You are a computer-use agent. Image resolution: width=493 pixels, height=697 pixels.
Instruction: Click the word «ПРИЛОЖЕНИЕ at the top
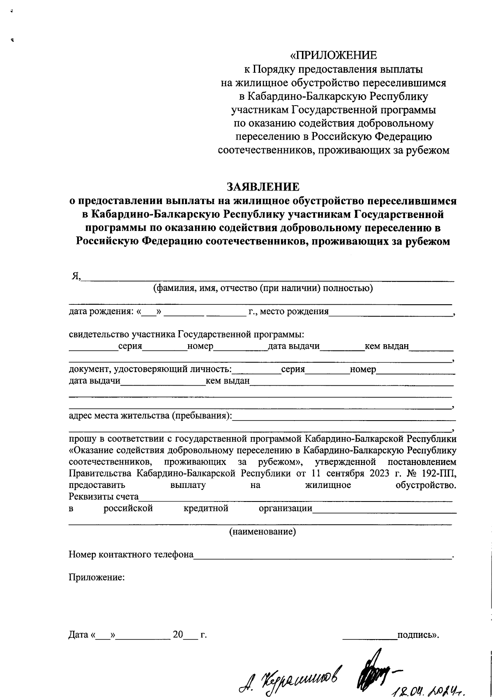(x=333, y=55)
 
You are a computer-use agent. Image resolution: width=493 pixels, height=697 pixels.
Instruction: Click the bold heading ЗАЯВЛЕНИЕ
(x=263, y=187)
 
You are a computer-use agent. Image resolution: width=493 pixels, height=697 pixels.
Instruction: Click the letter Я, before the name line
(x=76, y=276)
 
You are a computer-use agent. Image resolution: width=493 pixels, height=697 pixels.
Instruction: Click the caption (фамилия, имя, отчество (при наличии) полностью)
(x=263, y=288)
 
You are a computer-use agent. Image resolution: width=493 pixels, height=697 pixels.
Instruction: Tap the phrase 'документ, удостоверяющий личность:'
(x=150, y=369)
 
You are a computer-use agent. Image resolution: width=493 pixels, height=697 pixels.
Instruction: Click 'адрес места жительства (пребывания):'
(x=150, y=415)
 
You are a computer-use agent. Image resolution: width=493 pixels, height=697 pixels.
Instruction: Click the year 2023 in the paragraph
(x=380, y=473)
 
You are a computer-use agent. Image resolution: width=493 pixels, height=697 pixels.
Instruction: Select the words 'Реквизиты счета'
(x=104, y=497)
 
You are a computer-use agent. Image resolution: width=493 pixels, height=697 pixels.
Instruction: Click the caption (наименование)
(x=263, y=532)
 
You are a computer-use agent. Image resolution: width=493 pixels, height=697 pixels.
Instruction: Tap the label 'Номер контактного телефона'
(x=131, y=555)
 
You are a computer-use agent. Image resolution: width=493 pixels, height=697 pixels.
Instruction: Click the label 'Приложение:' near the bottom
(x=96, y=577)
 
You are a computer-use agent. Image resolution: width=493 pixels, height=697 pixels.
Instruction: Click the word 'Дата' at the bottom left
(x=78, y=635)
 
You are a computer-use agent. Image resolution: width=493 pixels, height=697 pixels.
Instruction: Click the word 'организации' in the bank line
(x=285, y=508)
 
